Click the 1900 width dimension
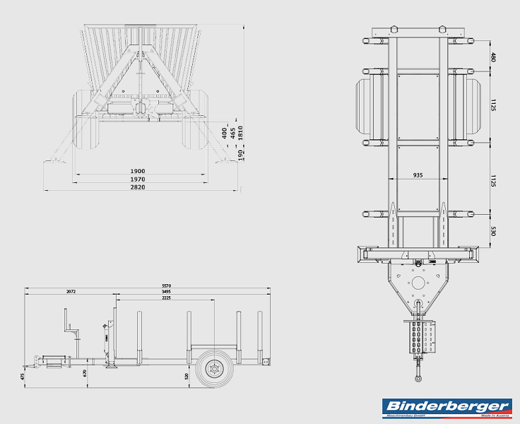(x=137, y=171)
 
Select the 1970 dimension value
(x=137, y=180)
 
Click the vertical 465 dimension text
(x=233, y=131)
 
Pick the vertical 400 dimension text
(x=225, y=131)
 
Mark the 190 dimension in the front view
(x=241, y=154)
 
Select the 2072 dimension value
(x=70, y=291)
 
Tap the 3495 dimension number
(x=165, y=291)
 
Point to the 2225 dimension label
(x=165, y=298)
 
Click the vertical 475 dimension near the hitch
(x=23, y=377)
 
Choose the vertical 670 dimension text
(x=85, y=372)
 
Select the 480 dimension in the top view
(x=493, y=57)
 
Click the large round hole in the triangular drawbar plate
(x=418, y=283)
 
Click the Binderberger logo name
(x=447, y=406)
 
